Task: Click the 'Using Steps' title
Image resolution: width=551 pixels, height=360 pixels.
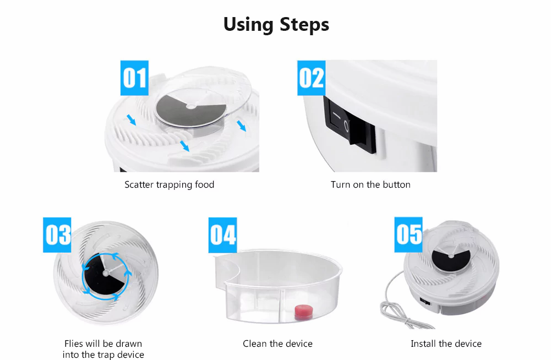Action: click(x=276, y=25)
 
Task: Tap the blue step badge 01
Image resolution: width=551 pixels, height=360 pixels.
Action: click(x=134, y=78)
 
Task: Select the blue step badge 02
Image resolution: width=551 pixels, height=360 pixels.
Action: click(x=312, y=78)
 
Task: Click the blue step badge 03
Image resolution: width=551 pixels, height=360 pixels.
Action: click(x=57, y=235)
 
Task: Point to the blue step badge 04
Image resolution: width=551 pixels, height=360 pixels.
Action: click(x=223, y=235)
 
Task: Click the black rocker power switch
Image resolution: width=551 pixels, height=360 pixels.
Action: click(x=350, y=125)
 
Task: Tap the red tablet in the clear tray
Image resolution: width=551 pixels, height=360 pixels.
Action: click(x=304, y=312)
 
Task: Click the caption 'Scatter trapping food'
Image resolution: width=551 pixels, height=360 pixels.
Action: click(x=170, y=184)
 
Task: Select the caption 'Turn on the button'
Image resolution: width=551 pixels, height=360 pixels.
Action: click(x=370, y=184)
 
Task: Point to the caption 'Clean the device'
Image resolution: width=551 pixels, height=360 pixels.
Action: click(x=277, y=343)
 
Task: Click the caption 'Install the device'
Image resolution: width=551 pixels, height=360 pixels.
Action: click(x=446, y=343)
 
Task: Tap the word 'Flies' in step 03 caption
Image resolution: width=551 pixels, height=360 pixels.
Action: click(x=73, y=343)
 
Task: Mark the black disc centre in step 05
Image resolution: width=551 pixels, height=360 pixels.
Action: click(x=451, y=256)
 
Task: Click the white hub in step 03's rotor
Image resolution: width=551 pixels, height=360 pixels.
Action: click(x=105, y=273)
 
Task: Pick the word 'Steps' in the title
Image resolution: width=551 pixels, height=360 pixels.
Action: click(x=304, y=25)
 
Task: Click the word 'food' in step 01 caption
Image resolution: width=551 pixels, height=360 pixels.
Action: click(x=205, y=184)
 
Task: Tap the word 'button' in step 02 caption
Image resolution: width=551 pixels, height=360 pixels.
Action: click(x=396, y=184)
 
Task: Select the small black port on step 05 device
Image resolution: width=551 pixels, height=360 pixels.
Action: click(x=425, y=302)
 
